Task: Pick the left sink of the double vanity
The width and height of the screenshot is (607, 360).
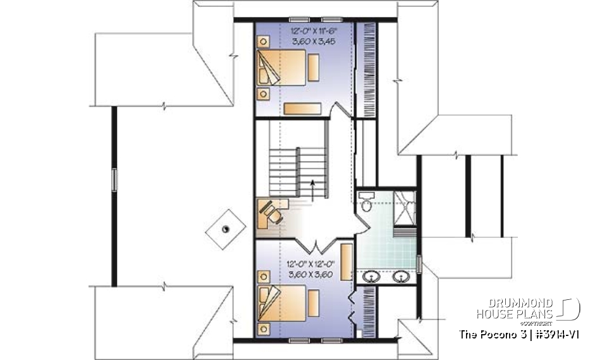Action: [x=372, y=276]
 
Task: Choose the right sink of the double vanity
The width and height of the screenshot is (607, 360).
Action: [x=400, y=276]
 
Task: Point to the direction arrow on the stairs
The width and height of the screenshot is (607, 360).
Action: [x=314, y=187]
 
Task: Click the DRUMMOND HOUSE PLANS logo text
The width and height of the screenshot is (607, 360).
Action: [x=515, y=309]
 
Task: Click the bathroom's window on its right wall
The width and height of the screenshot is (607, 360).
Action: [x=419, y=261]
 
